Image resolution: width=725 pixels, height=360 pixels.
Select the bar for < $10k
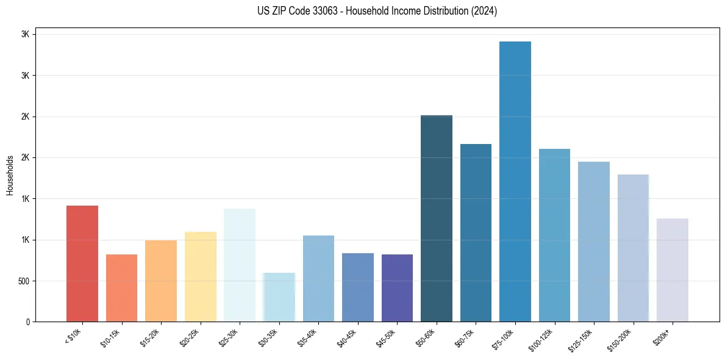click(82, 264)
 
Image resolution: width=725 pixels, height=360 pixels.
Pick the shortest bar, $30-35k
click(279, 297)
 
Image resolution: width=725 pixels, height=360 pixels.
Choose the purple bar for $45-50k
click(397, 288)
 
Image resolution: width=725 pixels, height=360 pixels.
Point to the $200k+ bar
click(673, 270)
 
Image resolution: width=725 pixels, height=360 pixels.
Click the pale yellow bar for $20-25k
click(201, 276)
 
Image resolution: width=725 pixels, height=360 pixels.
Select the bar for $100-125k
click(554, 235)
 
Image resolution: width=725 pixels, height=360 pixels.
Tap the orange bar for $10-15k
click(121, 288)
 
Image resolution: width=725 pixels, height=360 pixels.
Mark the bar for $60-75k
click(476, 232)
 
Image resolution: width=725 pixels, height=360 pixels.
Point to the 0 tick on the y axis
click(27, 322)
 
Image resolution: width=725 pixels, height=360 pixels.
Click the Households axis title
click(10, 175)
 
